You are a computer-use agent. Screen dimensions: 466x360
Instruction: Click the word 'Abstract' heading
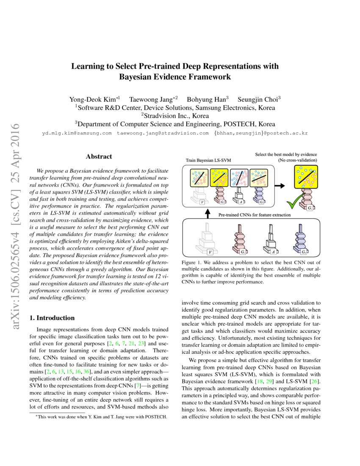point(99,156)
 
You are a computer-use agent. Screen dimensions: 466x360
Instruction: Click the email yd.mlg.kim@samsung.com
point(77,133)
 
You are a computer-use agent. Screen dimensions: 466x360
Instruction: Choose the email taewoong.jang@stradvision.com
point(163,133)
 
